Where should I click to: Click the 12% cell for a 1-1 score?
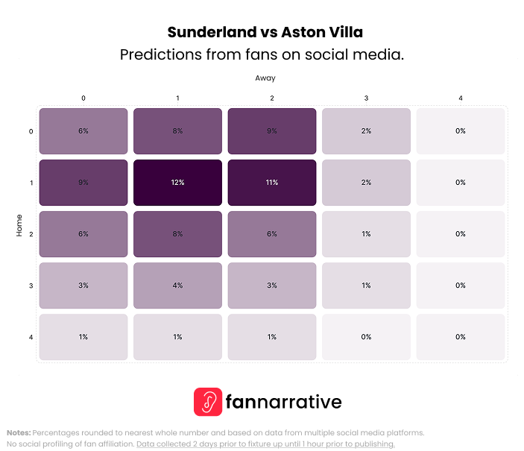[x=177, y=183]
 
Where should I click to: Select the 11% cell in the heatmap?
[x=272, y=183]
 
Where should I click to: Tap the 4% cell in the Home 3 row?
[x=177, y=286]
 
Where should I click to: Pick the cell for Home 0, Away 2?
[x=272, y=131]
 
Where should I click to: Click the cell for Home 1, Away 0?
[x=83, y=183]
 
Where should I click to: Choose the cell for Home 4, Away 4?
[x=461, y=337]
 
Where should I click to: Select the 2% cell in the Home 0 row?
[x=366, y=131]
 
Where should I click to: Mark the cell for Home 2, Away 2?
[x=272, y=234]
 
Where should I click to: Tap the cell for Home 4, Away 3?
[x=366, y=337]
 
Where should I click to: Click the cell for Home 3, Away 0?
[x=83, y=286]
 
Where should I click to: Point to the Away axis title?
[x=265, y=78]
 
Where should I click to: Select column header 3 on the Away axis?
[x=366, y=98]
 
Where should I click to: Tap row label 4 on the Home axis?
[x=31, y=338]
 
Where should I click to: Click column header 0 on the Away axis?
[x=83, y=98]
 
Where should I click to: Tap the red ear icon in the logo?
[x=208, y=402]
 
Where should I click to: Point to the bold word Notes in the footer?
[x=18, y=432]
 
